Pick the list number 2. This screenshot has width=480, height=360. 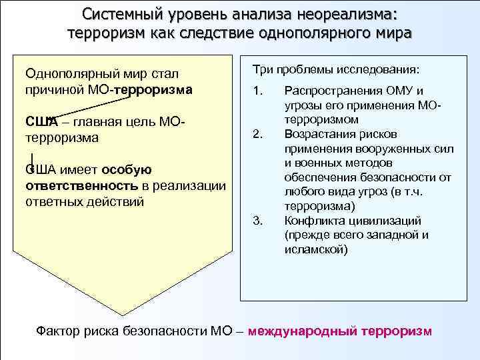click(x=259, y=134)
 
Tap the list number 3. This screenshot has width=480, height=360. click(x=259, y=221)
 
